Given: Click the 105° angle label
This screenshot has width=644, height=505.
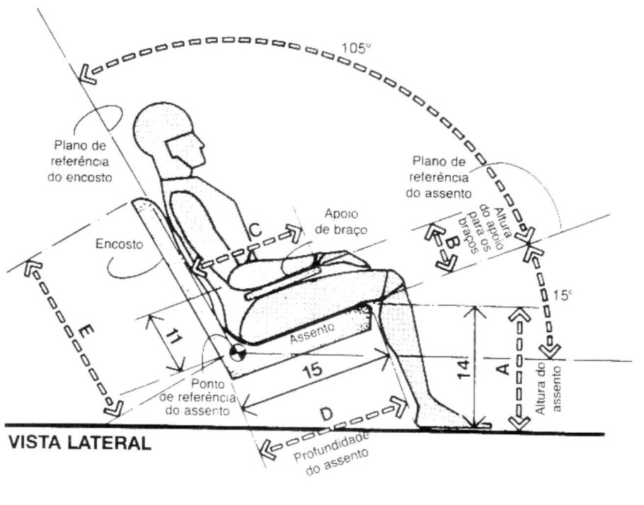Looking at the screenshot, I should [356, 49].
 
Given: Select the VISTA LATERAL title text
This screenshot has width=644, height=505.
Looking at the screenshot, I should [79, 444].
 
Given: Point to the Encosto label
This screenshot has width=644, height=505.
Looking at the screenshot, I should [119, 244].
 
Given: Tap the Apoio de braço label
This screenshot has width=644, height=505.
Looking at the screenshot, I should [343, 219].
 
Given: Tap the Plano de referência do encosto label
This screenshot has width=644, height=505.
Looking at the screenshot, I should [84, 161].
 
